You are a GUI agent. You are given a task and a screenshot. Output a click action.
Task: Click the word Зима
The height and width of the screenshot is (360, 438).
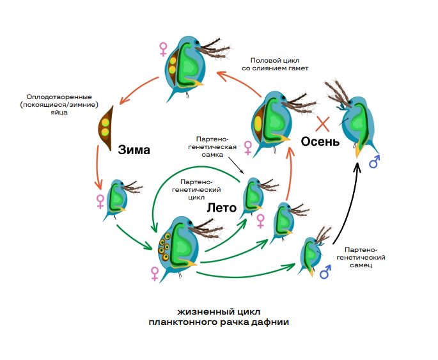coord(134,150)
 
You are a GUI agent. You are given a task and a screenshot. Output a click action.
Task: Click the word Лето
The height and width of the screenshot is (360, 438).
coord(222,208)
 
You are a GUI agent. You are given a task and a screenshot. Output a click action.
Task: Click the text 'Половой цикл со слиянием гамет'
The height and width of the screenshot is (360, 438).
coord(276,63)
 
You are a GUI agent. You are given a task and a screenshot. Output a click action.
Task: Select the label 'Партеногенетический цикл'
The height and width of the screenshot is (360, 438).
coord(200,190)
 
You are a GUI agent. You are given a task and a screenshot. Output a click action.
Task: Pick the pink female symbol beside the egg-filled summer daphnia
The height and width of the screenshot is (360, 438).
coord(154,273)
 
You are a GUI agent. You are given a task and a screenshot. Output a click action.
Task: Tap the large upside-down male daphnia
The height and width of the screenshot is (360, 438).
coord(354,121)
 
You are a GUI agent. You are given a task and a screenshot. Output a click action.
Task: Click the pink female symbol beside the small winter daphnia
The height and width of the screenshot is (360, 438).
coord(100,201)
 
